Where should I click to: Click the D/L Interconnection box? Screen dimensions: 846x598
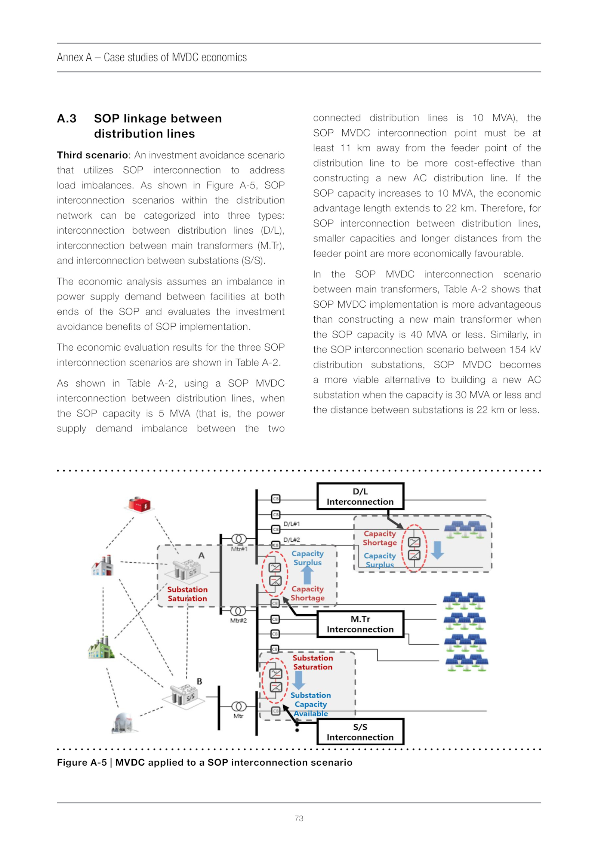coord(360,496)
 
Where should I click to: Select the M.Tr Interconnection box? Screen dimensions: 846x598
coord(360,624)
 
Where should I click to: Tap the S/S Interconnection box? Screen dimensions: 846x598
coord(360,732)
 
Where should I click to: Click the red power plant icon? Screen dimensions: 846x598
coord(139,504)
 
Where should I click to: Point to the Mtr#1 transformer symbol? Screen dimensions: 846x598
coord(239,539)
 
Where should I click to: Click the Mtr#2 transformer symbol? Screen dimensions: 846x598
coord(238,611)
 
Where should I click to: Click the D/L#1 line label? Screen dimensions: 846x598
coord(292,524)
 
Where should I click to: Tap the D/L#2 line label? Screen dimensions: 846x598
coord(292,540)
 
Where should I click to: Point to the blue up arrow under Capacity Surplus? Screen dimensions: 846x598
coord(307,575)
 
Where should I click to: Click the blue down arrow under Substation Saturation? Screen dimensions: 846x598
coord(298,680)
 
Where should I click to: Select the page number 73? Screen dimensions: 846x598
coord(299,818)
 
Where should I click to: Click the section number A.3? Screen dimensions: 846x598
coord(67,119)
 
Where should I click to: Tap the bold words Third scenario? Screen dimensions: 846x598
coord(92,155)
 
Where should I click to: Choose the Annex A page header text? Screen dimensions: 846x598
coord(151,57)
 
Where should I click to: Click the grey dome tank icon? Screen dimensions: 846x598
coord(124,722)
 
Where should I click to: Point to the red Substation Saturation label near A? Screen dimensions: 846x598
coord(187,594)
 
